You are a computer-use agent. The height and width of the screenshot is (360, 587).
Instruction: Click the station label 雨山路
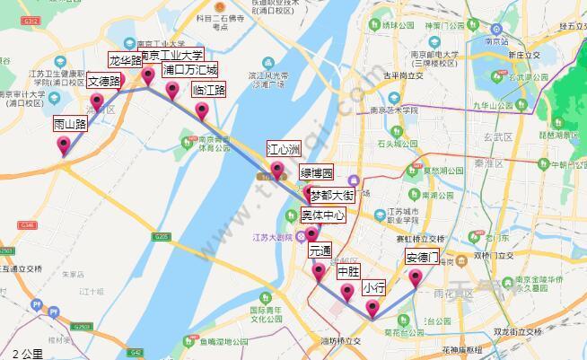point(70,124)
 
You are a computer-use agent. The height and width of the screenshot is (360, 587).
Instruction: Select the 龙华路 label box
point(126,61)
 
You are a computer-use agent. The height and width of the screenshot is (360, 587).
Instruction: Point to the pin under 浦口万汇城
point(171,89)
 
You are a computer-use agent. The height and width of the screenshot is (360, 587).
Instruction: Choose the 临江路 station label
point(209,90)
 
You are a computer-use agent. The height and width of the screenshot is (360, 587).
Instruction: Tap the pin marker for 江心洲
point(277,170)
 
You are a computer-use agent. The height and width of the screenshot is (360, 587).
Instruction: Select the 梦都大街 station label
point(332,194)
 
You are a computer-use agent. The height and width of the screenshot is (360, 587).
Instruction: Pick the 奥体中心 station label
point(323,215)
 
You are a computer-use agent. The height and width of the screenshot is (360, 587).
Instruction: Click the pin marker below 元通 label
point(313,235)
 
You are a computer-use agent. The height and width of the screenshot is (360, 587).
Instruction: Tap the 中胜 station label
point(348,271)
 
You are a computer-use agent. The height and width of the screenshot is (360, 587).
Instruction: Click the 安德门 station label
point(422,257)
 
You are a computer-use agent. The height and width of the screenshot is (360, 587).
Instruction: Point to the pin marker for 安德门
point(416,278)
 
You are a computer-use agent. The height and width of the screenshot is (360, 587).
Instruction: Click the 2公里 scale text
point(27,353)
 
